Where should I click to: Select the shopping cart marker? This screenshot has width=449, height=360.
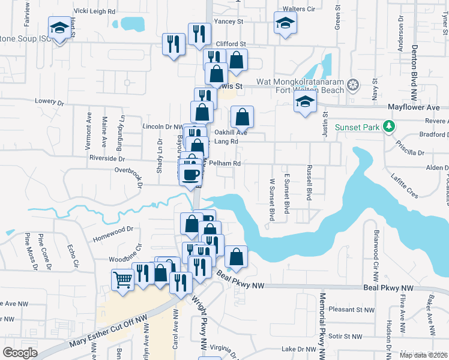[x=123, y=280]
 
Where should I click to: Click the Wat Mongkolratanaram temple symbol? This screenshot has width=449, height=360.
[x=353, y=86]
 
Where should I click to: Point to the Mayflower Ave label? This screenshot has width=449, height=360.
[x=413, y=107]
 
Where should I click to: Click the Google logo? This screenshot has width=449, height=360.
[x=20, y=352]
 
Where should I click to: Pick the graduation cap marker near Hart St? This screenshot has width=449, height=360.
[x=59, y=28]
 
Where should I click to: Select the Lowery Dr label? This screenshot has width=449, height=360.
[x=49, y=102]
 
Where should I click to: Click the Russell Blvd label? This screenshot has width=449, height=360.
[x=310, y=182]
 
